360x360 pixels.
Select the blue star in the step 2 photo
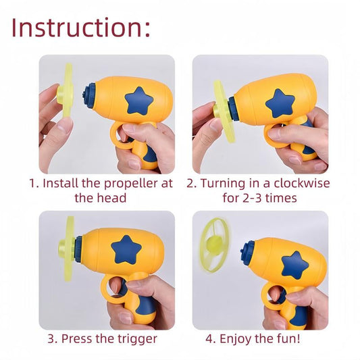click(280, 103)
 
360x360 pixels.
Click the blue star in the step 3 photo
click(128, 249)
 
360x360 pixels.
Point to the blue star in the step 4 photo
click(295, 265)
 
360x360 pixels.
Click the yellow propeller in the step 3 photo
click(69, 249)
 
